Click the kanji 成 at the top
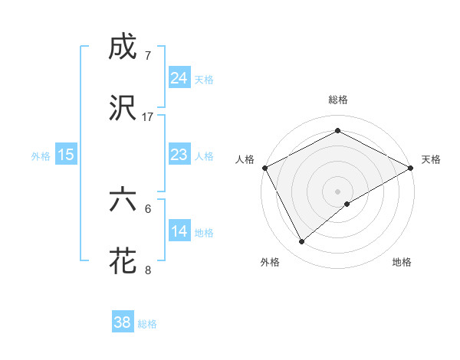click(x=123, y=49)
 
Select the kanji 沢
click(x=123, y=108)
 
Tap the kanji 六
click(x=123, y=200)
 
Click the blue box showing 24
click(x=179, y=77)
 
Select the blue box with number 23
click(x=179, y=155)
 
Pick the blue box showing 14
click(x=179, y=231)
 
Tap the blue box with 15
click(x=66, y=155)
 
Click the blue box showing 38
click(x=123, y=322)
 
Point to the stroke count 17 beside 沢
click(x=148, y=117)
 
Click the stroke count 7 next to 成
click(x=148, y=56)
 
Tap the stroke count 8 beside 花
click(x=148, y=270)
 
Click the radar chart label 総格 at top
click(x=337, y=100)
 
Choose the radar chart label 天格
click(x=431, y=159)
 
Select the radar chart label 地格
click(x=402, y=262)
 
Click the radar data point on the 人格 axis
click(x=264, y=167)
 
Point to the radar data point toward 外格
click(x=302, y=242)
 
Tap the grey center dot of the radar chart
click(x=337, y=191)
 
